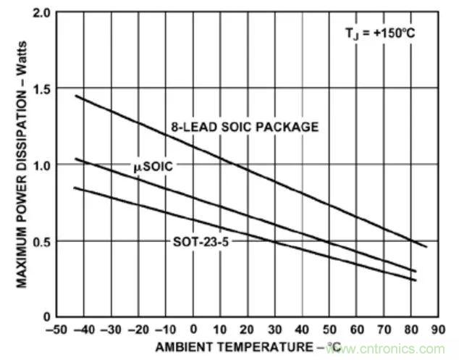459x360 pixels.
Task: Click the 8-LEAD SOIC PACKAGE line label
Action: point(245,127)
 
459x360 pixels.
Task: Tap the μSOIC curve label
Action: point(152,166)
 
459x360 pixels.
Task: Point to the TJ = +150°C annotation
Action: point(380,32)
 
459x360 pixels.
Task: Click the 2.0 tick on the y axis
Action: point(41,14)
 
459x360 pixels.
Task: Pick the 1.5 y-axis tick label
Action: point(41,90)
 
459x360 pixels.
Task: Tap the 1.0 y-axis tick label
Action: point(41,165)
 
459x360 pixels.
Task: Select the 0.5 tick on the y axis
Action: point(41,241)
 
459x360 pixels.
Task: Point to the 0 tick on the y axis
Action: point(46,317)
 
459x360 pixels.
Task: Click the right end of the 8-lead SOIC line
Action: point(426,247)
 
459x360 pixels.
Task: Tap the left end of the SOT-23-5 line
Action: point(75,187)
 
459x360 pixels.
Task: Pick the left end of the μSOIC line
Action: point(75,159)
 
